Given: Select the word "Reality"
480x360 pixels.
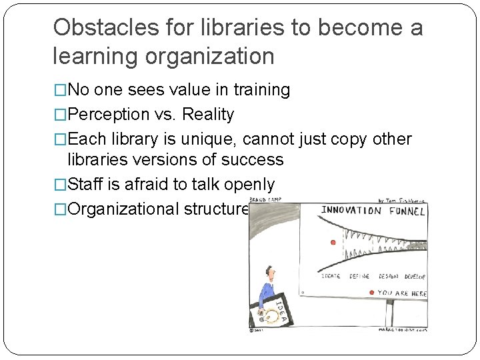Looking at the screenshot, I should (209, 115).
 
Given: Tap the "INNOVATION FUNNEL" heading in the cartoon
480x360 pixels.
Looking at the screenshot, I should (373, 211).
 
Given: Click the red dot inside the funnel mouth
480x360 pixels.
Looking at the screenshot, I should (333, 242).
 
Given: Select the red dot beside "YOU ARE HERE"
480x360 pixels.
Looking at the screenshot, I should (371, 293).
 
